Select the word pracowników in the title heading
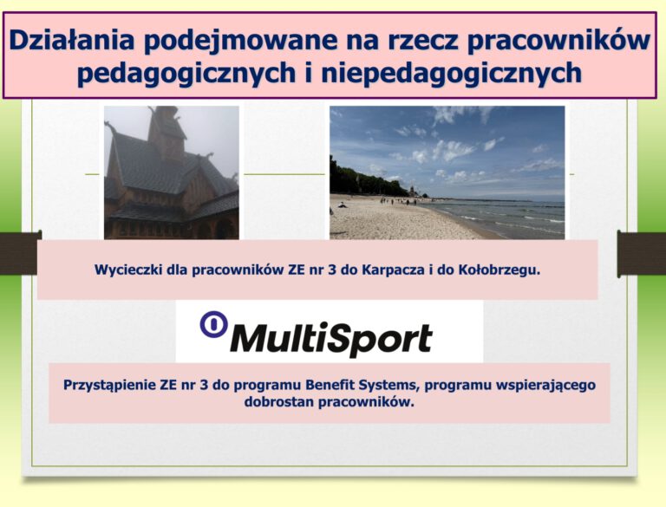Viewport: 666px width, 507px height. click(x=559, y=42)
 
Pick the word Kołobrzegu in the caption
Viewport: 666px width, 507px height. click(x=499, y=270)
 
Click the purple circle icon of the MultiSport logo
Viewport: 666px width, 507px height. click(x=213, y=324)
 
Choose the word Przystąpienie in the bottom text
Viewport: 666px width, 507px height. click(x=109, y=386)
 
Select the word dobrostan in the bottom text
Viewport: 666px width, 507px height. click(x=279, y=401)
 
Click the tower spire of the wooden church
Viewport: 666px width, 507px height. click(x=164, y=123)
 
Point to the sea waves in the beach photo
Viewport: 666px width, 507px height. click(x=501, y=218)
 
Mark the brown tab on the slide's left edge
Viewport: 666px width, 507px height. click(x=21, y=253)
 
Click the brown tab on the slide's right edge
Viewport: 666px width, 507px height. click(x=642, y=253)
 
